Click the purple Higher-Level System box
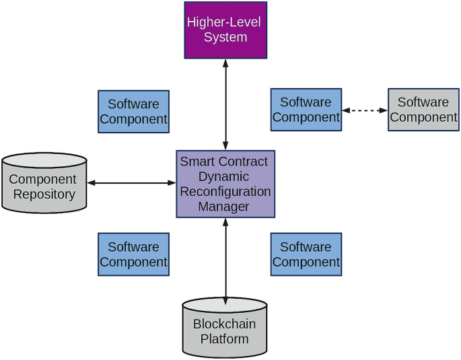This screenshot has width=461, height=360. (x=225, y=30)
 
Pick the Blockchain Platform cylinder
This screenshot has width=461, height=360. (x=225, y=328)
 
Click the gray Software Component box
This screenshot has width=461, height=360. (x=423, y=110)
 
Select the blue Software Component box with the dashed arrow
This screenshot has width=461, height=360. (x=306, y=110)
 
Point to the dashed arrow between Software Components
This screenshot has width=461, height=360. (x=365, y=110)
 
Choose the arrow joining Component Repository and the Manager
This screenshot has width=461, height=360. (x=132, y=182)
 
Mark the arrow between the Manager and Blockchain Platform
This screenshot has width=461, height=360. (x=225, y=259)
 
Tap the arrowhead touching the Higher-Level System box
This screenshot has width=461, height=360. (x=225, y=63)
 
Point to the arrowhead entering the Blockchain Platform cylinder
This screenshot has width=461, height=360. (x=225, y=299)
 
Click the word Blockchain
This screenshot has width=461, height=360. (x=225, y=324)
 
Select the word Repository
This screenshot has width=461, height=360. (x=43, y=194)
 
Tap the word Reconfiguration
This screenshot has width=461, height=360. (x=225, y=192)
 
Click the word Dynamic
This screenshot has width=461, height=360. (x=224, y=176)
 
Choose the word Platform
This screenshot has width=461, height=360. (x=225, y=338)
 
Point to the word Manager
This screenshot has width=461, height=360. (x=224, y=207)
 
